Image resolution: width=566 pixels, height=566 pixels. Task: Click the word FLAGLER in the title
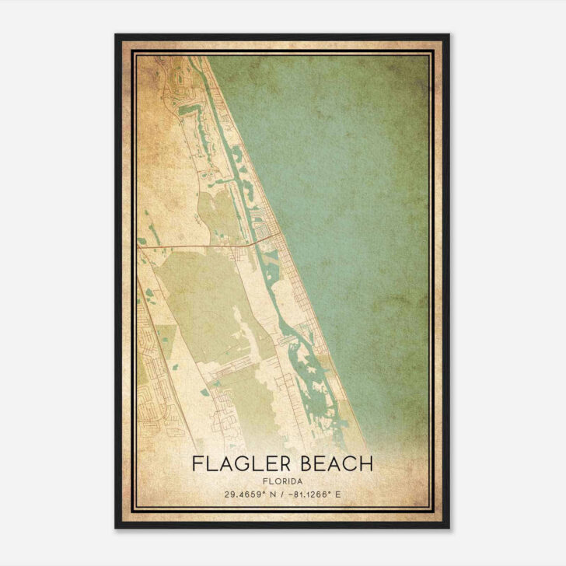tap(237, 464)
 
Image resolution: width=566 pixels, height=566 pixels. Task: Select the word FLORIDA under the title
tap(283, 480)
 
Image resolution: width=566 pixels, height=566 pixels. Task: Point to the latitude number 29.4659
tap(245, 494)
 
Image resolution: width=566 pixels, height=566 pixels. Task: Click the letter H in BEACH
tap(366, 464)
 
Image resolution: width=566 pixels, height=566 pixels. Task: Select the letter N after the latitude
tap(267, 494)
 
